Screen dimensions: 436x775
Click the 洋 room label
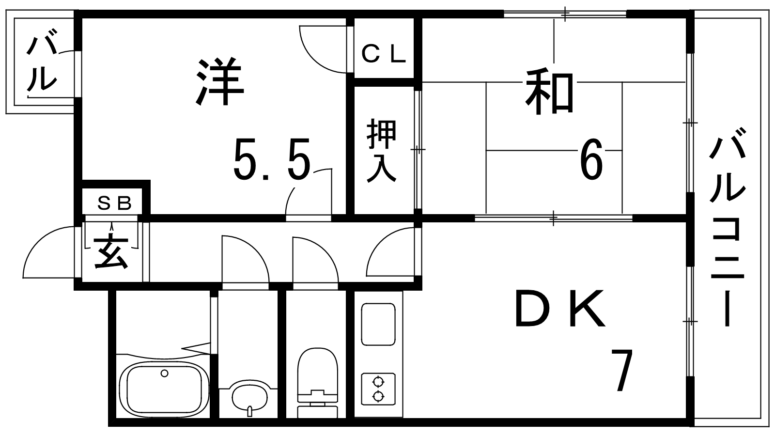[x=219, y=82]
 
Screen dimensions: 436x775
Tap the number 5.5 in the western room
[x=271, y=158]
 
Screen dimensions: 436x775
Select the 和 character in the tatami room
[x=550, y=92]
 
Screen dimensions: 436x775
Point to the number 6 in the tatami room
[x=591, y=159]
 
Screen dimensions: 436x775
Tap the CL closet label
[x=384, y=54]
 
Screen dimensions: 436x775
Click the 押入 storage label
[x=382, y=150]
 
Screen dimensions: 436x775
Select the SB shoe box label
[x=114, y=203]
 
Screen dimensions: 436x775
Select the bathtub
[x=164, y=388]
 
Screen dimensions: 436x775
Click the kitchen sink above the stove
[x=378, y=325]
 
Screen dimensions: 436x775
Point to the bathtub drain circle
[x=165, y=373]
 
